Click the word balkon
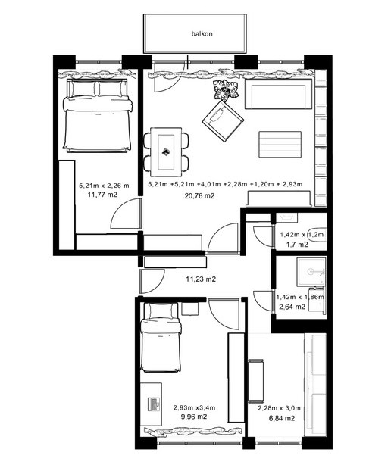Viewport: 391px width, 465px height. pyautogui.click(x=202, y=34)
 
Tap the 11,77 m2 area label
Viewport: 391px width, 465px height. pyautogui.click(x=102, y=195)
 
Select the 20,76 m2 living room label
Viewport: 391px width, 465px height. pyautogui.click(x=199, y=195)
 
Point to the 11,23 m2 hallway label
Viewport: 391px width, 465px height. pyautogui.click(x=201, y=279)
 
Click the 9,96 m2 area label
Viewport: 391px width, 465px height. pyautogui.click(x=194, y=417)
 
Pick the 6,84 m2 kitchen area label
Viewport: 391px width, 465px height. pyautogui.click(x=281, y=418)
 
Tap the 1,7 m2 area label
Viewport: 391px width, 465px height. pyautogui.click(x=297, y=245)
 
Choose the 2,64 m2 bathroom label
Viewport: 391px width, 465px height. pyautogui.click(x=292, y=307)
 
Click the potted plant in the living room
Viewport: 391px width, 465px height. pyautogui.click(x=226, y=89)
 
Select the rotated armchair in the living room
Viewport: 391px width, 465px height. pyautogui.click(x=223, y=121)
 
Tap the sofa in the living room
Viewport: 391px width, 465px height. pyautogui.click(x=279, y=94)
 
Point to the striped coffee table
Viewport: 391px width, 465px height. pyautogui.click(x=280, y=145)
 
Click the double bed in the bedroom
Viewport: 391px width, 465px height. pyautogui.click(x=97, y=115)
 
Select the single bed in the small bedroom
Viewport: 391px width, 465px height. pyautogui.click(x=161, y=337)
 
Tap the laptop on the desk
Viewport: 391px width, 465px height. pyautogui.click(x=155, y=404)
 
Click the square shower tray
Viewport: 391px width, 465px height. pyautogui.click(x=311, y=272)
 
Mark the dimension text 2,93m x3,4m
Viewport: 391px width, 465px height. pyautogui.click(x=194, y=407)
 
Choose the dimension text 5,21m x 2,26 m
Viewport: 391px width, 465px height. pyautogui.click(x=104, y=186)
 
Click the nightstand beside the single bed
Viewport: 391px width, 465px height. pyautogui.click(x=190, y=309)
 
